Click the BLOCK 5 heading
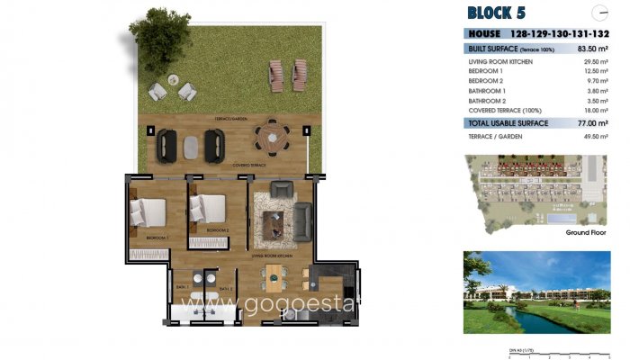click(x=498, y=12)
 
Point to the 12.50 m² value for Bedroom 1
click(x=600, y=70)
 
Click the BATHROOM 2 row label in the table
click(x=489, y=101)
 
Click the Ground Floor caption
click(x=584, y=232)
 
